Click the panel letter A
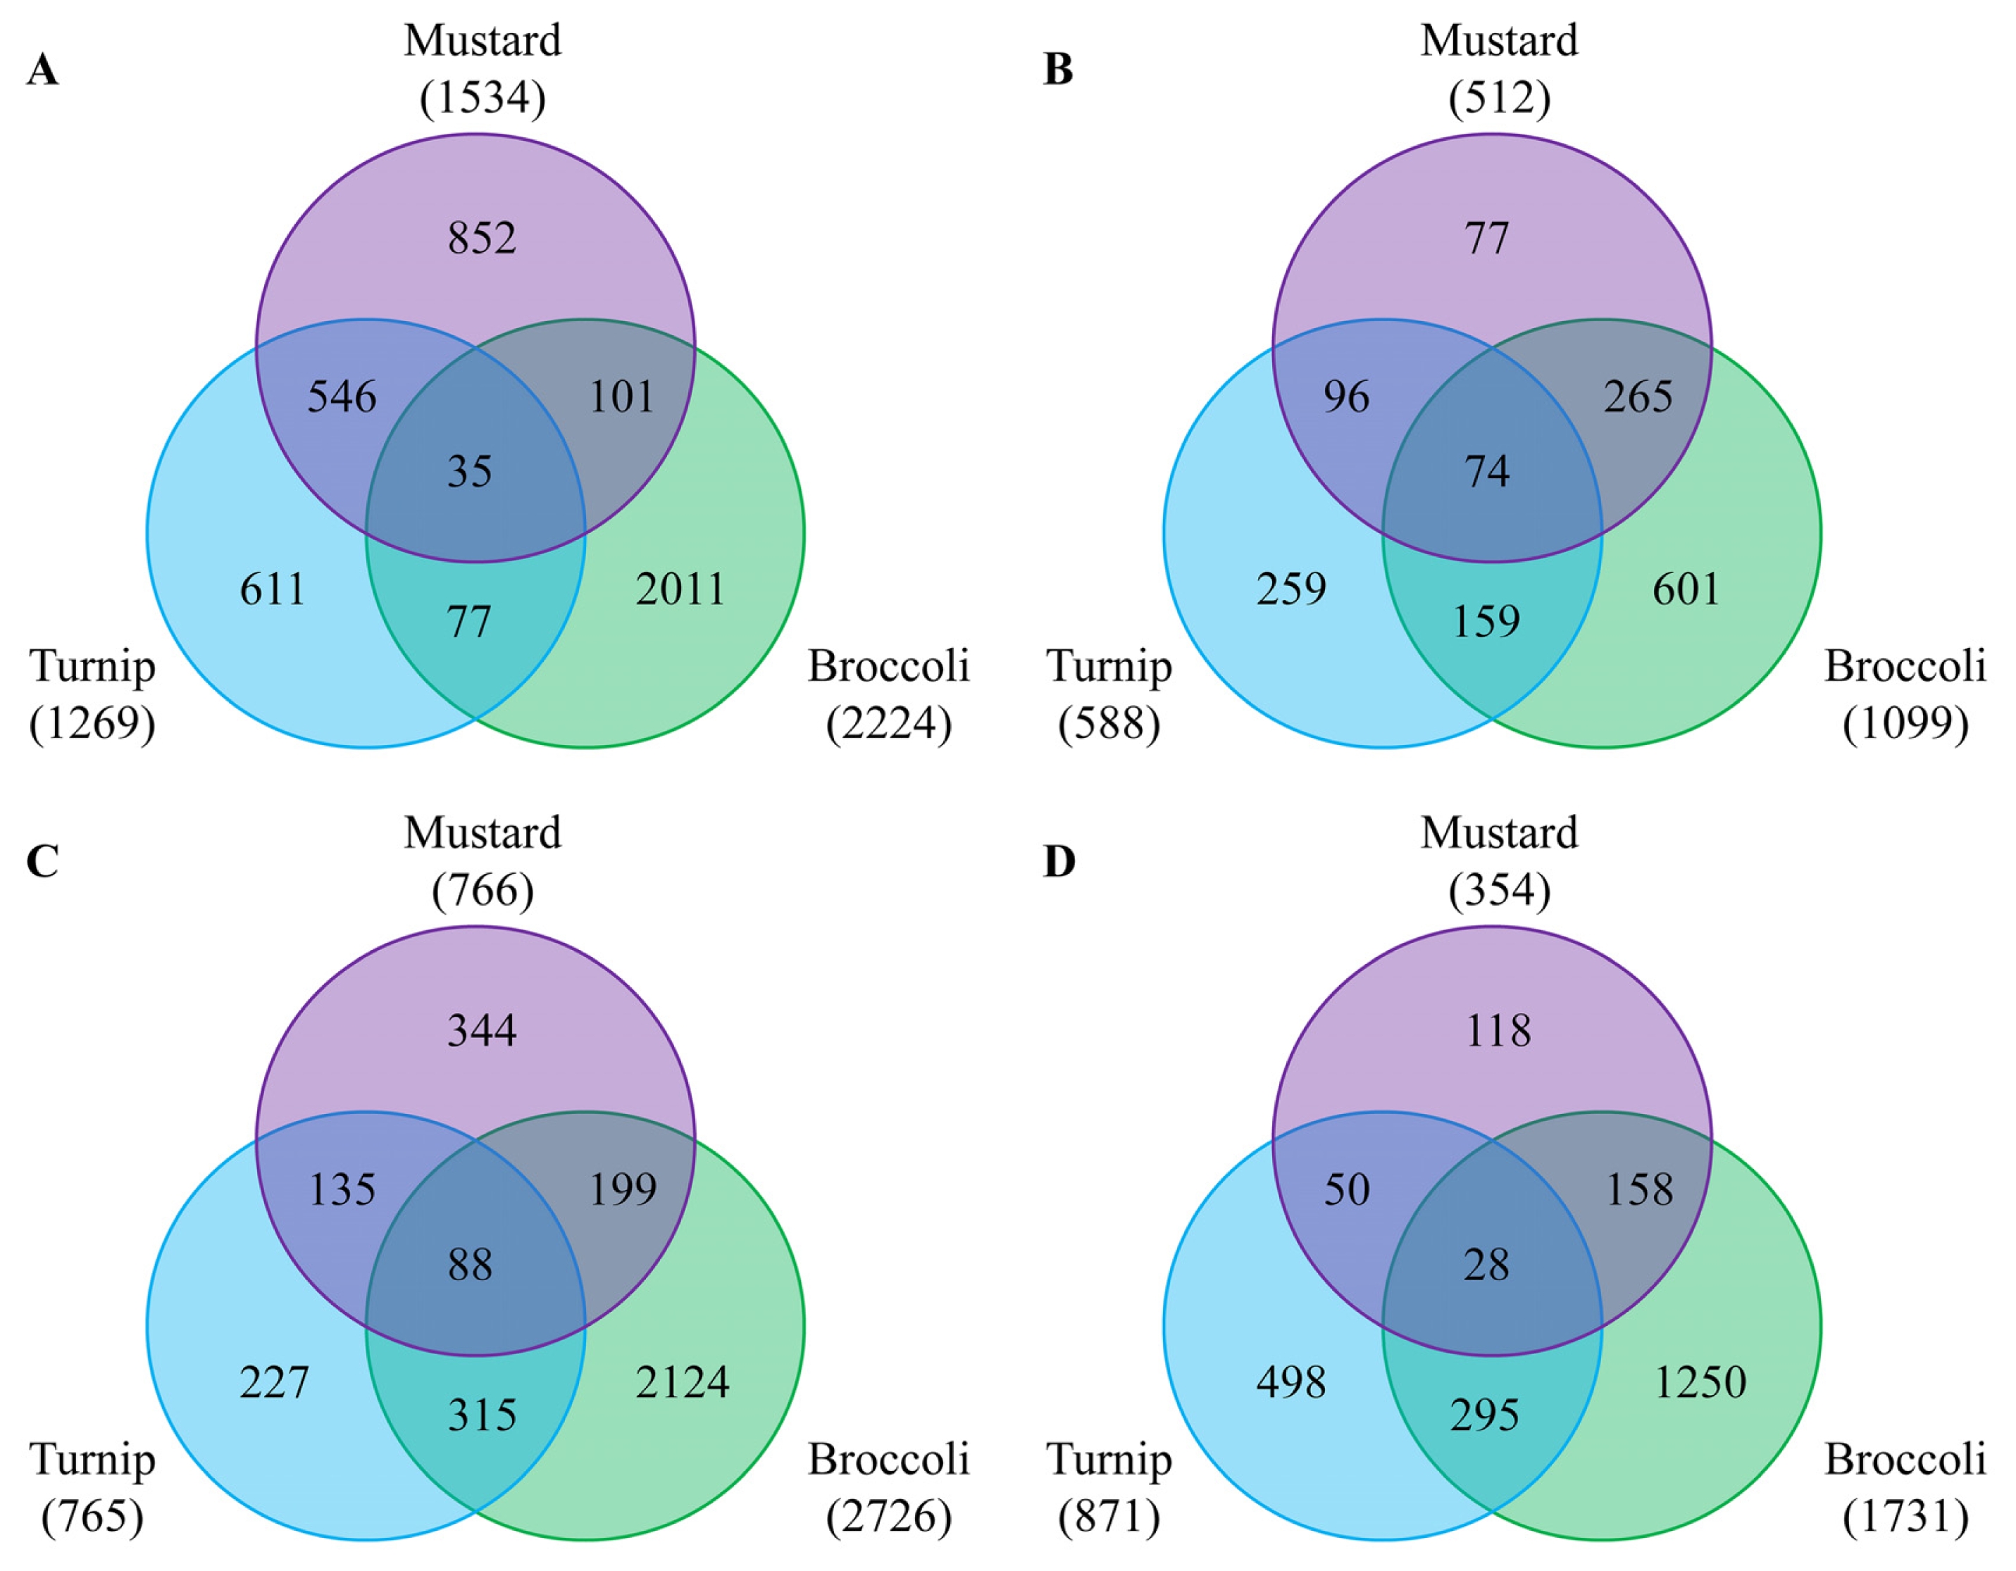[42, 69]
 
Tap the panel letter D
[1059, 861]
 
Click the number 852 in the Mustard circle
[482, 238]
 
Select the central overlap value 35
[470, 472]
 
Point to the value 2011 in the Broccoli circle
[681, 589]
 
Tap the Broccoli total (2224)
[889, 724]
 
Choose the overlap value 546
[342, 397]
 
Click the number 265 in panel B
[1638, 397]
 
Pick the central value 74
[1487, 472]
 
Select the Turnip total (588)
[1109, 724]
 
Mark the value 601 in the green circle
[1686, 589]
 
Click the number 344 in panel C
[482, 1030]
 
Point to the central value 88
[470, 1265]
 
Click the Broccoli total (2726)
[889, 1517]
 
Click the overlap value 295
[1485, 1415]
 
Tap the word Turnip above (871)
[1109, 1461]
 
